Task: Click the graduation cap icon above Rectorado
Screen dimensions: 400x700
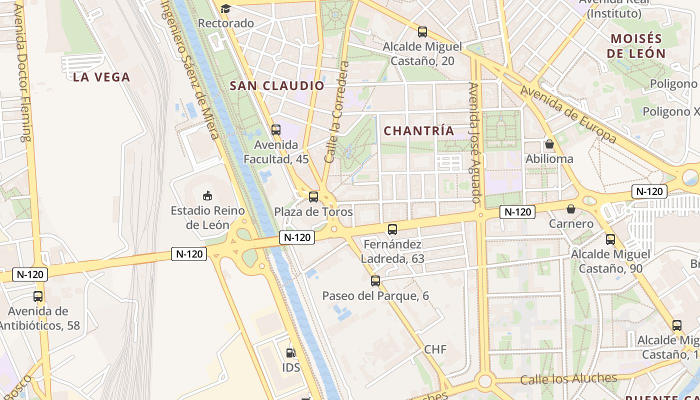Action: pos(225,8)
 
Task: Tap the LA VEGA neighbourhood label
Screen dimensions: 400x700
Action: pos(101,77)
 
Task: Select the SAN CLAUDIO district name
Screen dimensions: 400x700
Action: pos(277,85)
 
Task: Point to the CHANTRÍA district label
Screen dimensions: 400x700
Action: pos(419,131)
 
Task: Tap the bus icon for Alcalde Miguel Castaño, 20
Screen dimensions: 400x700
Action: pos(422,32)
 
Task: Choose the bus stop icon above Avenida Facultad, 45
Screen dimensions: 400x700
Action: pos(276,130)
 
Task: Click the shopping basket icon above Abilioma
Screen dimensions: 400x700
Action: pos(549,144)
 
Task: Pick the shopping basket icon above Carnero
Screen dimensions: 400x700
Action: pos(570,209)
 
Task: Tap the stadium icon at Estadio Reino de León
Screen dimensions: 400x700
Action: pos(207,195)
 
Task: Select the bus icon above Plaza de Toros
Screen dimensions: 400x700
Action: pos(313,197)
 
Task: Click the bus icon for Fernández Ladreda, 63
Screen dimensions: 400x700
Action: pos(392,229)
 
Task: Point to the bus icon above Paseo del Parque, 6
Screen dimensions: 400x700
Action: pos(375,281)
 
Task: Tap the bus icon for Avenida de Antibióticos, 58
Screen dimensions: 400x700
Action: pos(38,296)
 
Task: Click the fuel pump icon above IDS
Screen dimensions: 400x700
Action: pos(291,353)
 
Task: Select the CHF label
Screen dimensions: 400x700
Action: pos(435,349)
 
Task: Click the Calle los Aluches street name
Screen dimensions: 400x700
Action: pos(568,378)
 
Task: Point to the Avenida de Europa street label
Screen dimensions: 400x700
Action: pos(568,114)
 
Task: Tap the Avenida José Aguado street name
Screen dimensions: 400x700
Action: pos(475,142)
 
